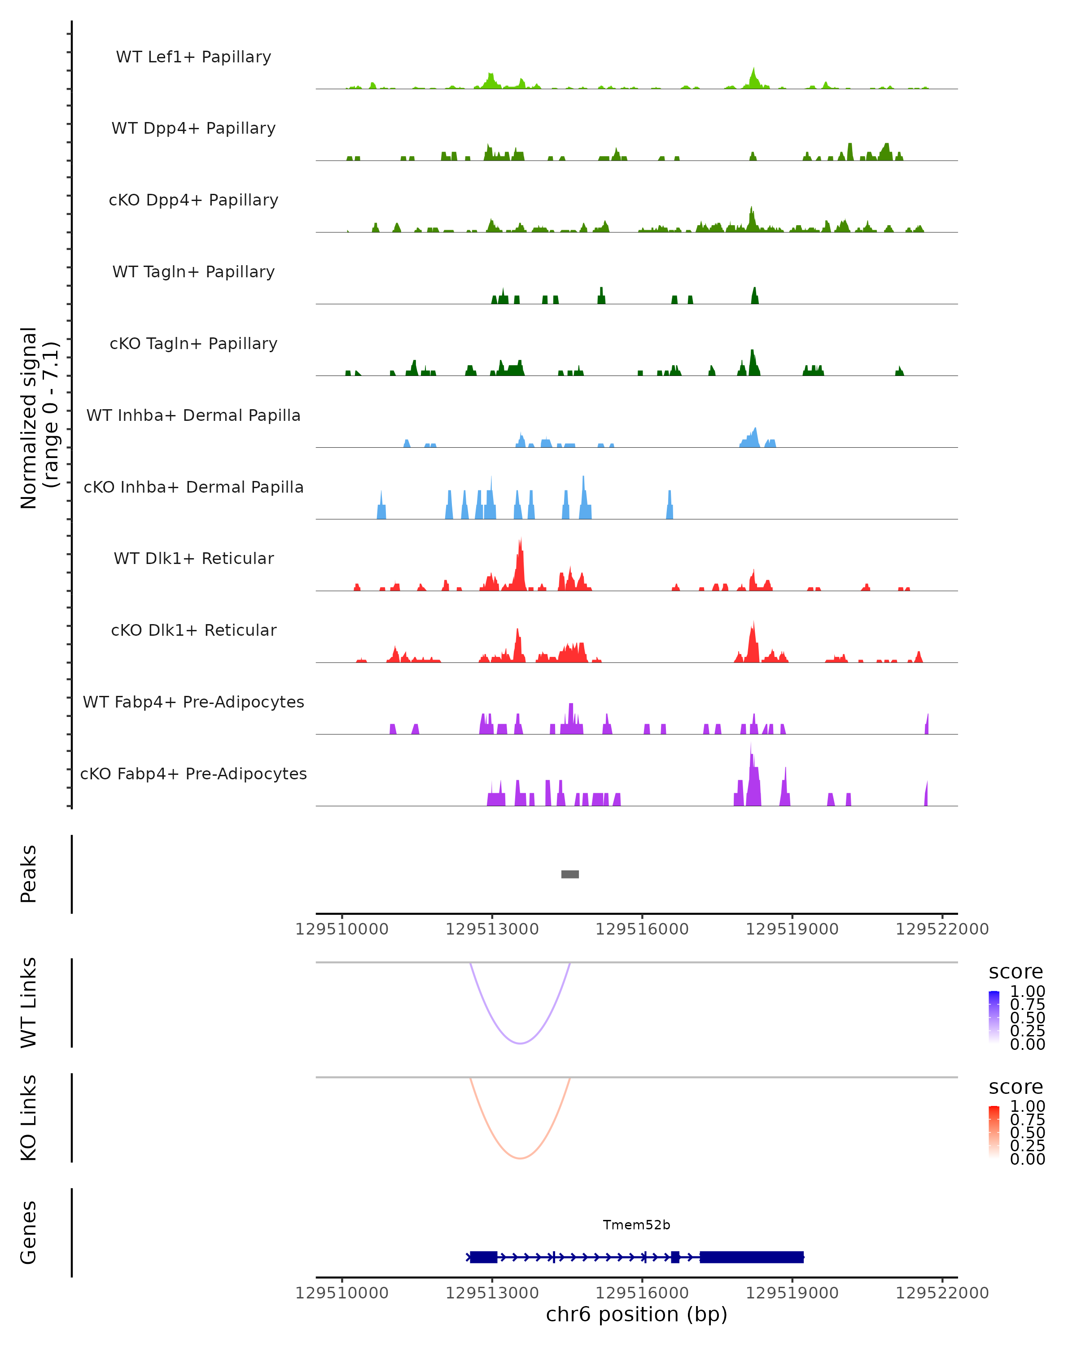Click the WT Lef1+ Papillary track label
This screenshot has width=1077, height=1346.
point(193,57)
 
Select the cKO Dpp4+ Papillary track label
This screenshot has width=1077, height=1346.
point(193,200)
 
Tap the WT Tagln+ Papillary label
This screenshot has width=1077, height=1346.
point(193,271)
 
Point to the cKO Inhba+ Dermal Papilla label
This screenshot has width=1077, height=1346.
point(193,487)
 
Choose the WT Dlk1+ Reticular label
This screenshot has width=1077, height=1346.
point(193,558)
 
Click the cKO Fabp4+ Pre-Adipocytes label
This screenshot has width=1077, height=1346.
point(193,774)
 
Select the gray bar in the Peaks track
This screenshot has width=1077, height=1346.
point(570,874)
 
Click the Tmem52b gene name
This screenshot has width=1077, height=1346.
point(636,1225)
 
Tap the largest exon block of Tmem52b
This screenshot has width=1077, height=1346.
point(752,1257)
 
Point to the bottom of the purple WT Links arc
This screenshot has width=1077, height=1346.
point(520,1043)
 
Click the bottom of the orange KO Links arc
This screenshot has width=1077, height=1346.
point(520,1158)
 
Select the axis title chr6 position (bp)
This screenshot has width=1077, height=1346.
point(636,1314)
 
